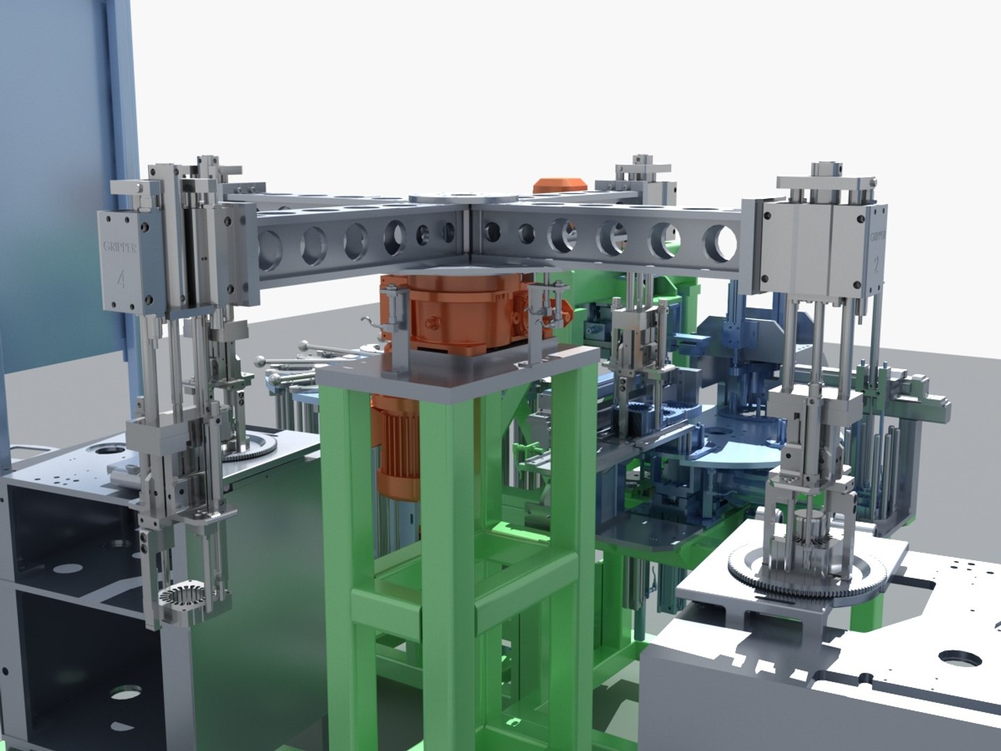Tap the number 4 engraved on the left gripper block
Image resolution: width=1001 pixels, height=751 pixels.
[122, 280]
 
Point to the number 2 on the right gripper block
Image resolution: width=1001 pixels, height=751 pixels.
[877, 264]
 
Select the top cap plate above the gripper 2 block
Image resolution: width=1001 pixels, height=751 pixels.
[827, 181]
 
